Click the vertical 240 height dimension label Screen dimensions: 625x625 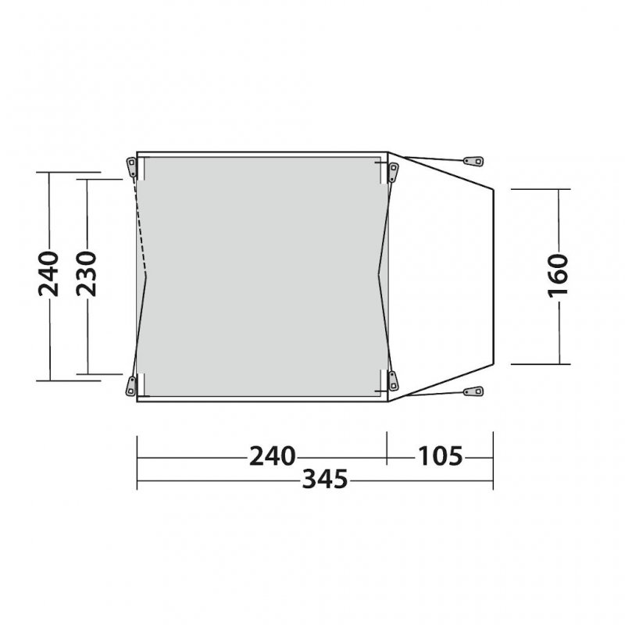pyautogui.click(x=48, y=274)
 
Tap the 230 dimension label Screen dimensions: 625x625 pyautogui.click(x=87, y=273)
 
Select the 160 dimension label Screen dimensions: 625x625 pyautogui.click(x=558, y=276)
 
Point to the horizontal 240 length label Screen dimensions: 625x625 pyautogui.click(x=272, y=456)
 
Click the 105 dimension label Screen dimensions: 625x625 pyautogui.click(x=440, y=456)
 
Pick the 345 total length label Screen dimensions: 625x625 pyautogui.click(x=325, y=479)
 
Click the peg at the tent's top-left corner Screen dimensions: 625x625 pyautogui.click(x=131, y=167)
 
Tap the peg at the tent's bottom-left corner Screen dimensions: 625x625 pyautogui.click(x=130, y=385)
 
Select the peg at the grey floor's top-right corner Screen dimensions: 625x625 pyautogui.click(x=394, y=172)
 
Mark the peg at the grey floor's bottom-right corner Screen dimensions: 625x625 pyautogui.click(x=394, y=381)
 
